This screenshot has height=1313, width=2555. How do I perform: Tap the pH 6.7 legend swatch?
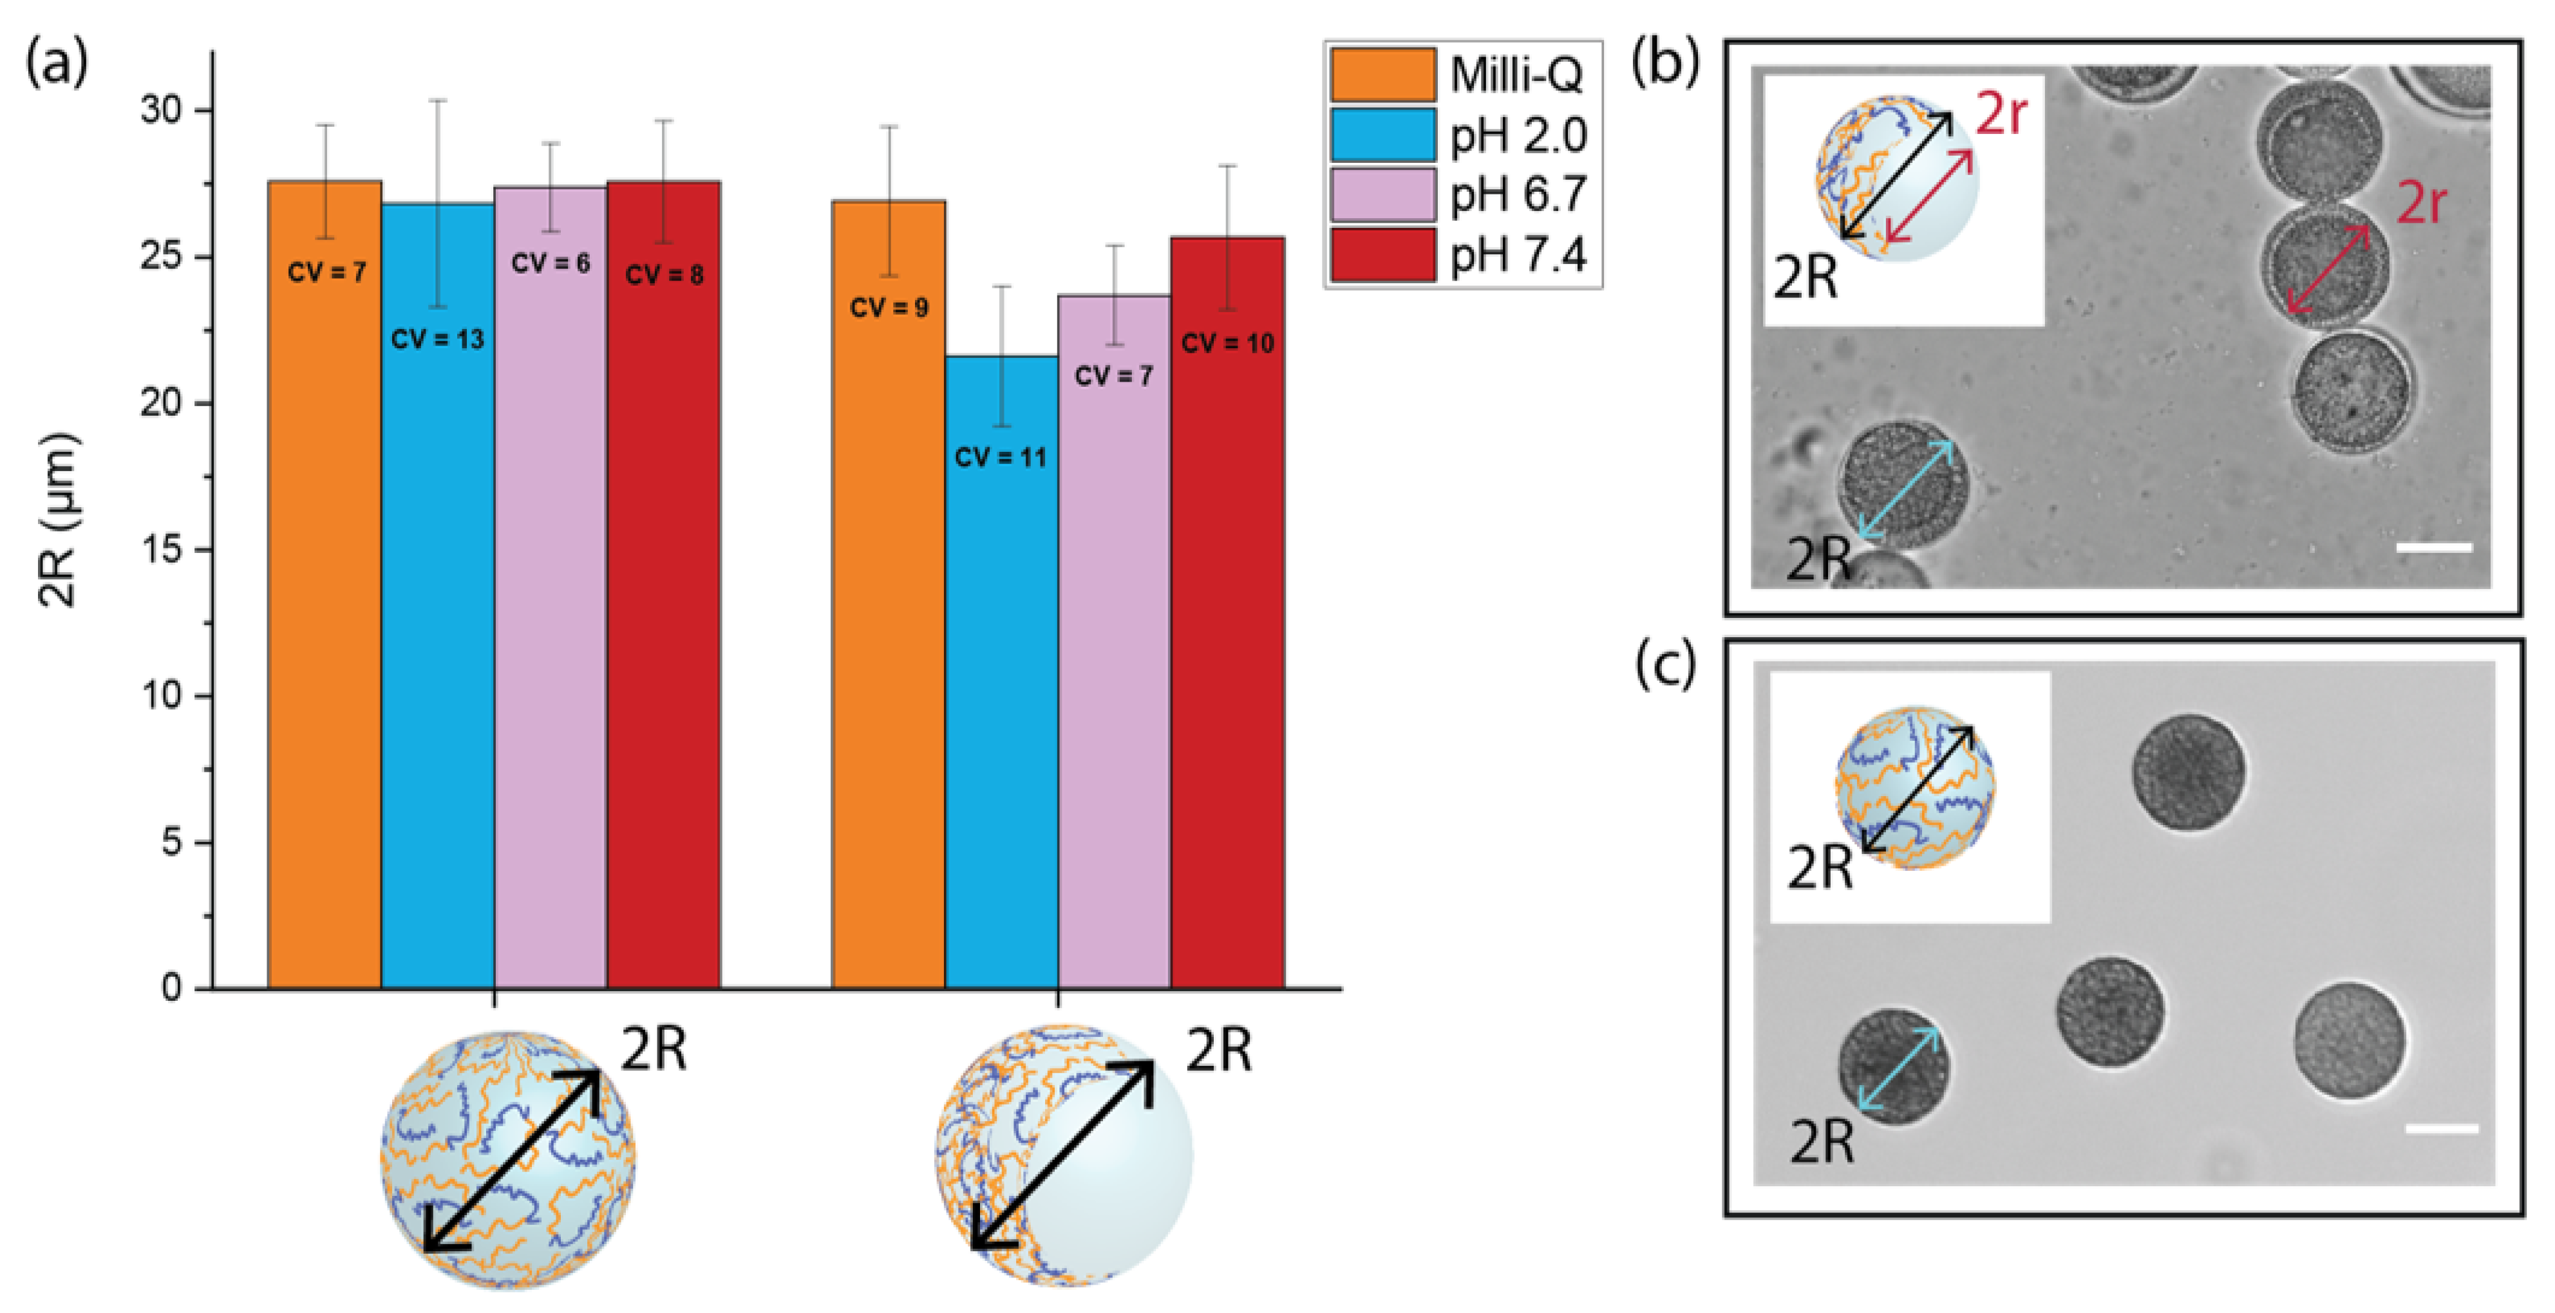point(1382,194)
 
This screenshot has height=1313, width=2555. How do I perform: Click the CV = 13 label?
point(437,340)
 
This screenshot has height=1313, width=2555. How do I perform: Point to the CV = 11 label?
point(1000,457)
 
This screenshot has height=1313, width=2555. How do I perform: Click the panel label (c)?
point(1665,666)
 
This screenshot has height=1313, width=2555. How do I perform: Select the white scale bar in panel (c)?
point(2441,1128)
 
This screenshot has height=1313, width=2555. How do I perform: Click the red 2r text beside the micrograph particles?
point(2421,204)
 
